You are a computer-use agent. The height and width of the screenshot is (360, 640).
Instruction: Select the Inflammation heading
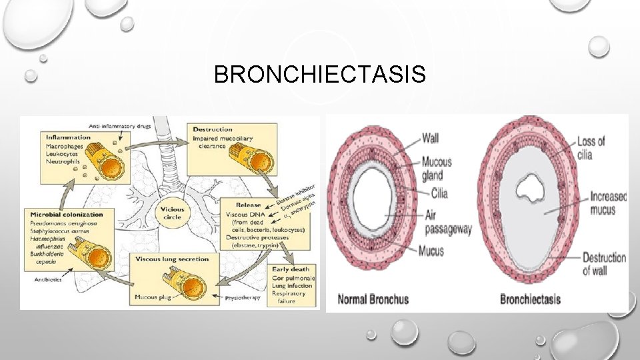[x=68, y=137]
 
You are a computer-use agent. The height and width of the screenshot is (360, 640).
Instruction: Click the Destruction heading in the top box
[x=212, y=129]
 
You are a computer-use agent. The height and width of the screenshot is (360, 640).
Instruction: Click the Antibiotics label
[x=42, y=279]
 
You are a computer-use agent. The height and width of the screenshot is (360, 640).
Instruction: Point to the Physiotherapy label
[x=243, y=297]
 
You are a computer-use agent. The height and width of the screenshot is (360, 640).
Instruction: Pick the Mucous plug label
[x=151, y=296]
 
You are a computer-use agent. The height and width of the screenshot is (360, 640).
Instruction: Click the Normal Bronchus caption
[x=373, y=299]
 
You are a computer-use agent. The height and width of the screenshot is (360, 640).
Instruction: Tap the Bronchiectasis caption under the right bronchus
[x=530, y=299]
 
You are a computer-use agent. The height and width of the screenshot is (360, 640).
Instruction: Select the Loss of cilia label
[x=591, y=147]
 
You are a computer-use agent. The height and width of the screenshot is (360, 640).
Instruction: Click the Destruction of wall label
[x=603, y=263]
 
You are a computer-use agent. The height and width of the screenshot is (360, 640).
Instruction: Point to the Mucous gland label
[x=437, y=168]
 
